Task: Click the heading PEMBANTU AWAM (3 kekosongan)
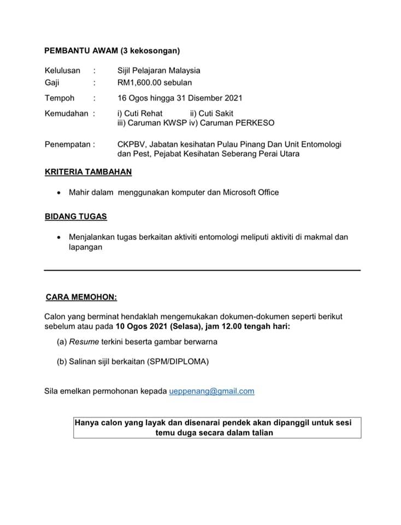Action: pyautogui.click(x=112, y=51)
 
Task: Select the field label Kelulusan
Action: pyautogui.click(x=62, y=70)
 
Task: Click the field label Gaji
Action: pyautogui.click(x=52, y=83)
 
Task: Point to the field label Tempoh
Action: pyautogui.click(x=60, y=98)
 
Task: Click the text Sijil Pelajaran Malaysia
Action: pyautogui.click(x=158, y=70)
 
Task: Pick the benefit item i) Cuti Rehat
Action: pyautogui.click(x=140, y=114)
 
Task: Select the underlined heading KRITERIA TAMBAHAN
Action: pyautogui.click(x=88, y=172)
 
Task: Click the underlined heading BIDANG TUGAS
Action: pyautogui.click(x=76, y=216)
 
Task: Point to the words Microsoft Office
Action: pyautogui.click(x=251, y=192)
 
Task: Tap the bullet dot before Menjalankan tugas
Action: pyautogui.click(x=58, y=237)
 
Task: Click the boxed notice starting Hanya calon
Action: pyautogui.click(x=217, y=428)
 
